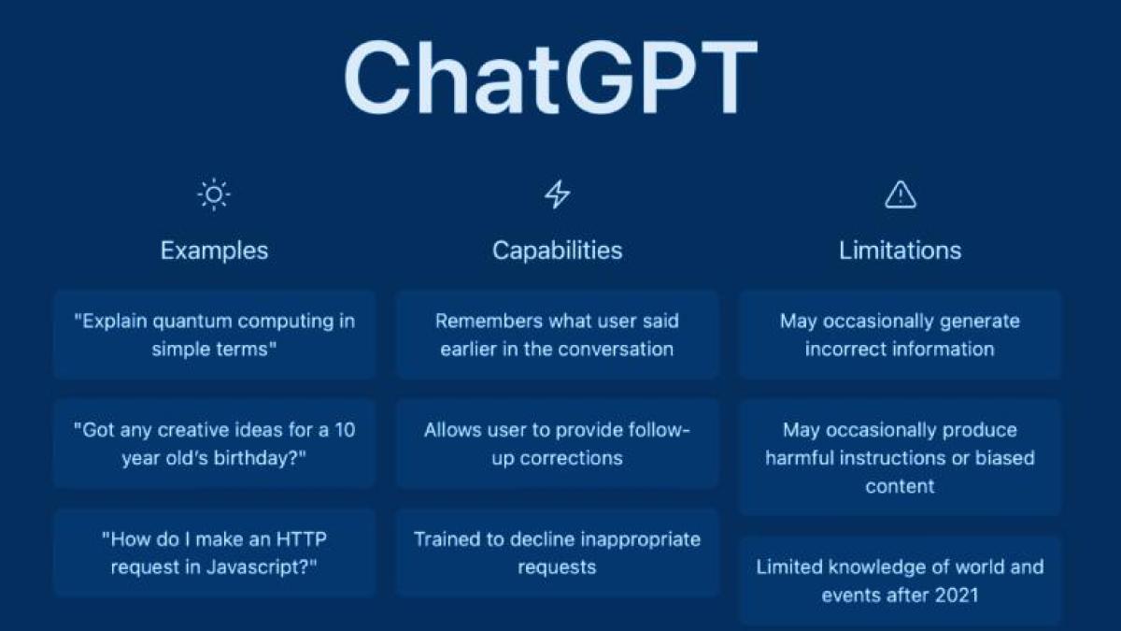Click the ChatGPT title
tap(550, 79)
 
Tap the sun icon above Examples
tap(214, 194)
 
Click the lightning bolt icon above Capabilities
tap(557, 194)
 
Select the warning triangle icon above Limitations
tap(900, 194)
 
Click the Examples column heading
tap(214, 251)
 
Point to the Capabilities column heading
tap(557, 251)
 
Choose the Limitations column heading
tap(900, 251)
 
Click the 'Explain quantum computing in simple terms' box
tap(214, 335)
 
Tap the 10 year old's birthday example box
tap(214, 444)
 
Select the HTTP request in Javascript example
tap(214, 552)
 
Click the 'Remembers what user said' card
tap(557, 335)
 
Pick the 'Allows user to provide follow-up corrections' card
tap(557, 444)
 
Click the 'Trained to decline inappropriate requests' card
tap(557, 552)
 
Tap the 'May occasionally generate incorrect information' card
tap(900, 335)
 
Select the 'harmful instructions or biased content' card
tap(900, 457)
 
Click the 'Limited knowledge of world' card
tap(900, 581)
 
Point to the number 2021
tap(954, 595)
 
